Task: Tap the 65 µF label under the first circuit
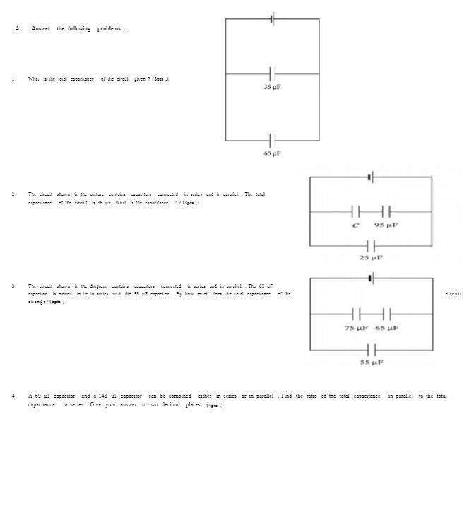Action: (272, 153)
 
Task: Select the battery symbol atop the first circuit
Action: (272, 18)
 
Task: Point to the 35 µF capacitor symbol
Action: (272, 73)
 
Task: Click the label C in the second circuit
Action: (355, 225)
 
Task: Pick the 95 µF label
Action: (385, 225)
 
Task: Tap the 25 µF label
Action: (370, 258)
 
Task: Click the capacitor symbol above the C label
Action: (355, 211)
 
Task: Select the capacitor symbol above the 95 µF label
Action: (386, 211)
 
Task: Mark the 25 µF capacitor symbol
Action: (370, 246)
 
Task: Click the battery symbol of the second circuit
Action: (370, 177)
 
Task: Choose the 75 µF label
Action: (356, 328)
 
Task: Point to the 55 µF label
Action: (371, 362)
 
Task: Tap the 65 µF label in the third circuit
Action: (386, 328)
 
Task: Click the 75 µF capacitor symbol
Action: (356, 314)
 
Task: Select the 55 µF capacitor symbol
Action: (371, 349)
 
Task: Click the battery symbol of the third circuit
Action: (371, 278)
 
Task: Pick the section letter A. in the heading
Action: (18, 28)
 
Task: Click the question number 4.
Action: (13, 396)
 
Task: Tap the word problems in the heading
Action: (109, 28)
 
